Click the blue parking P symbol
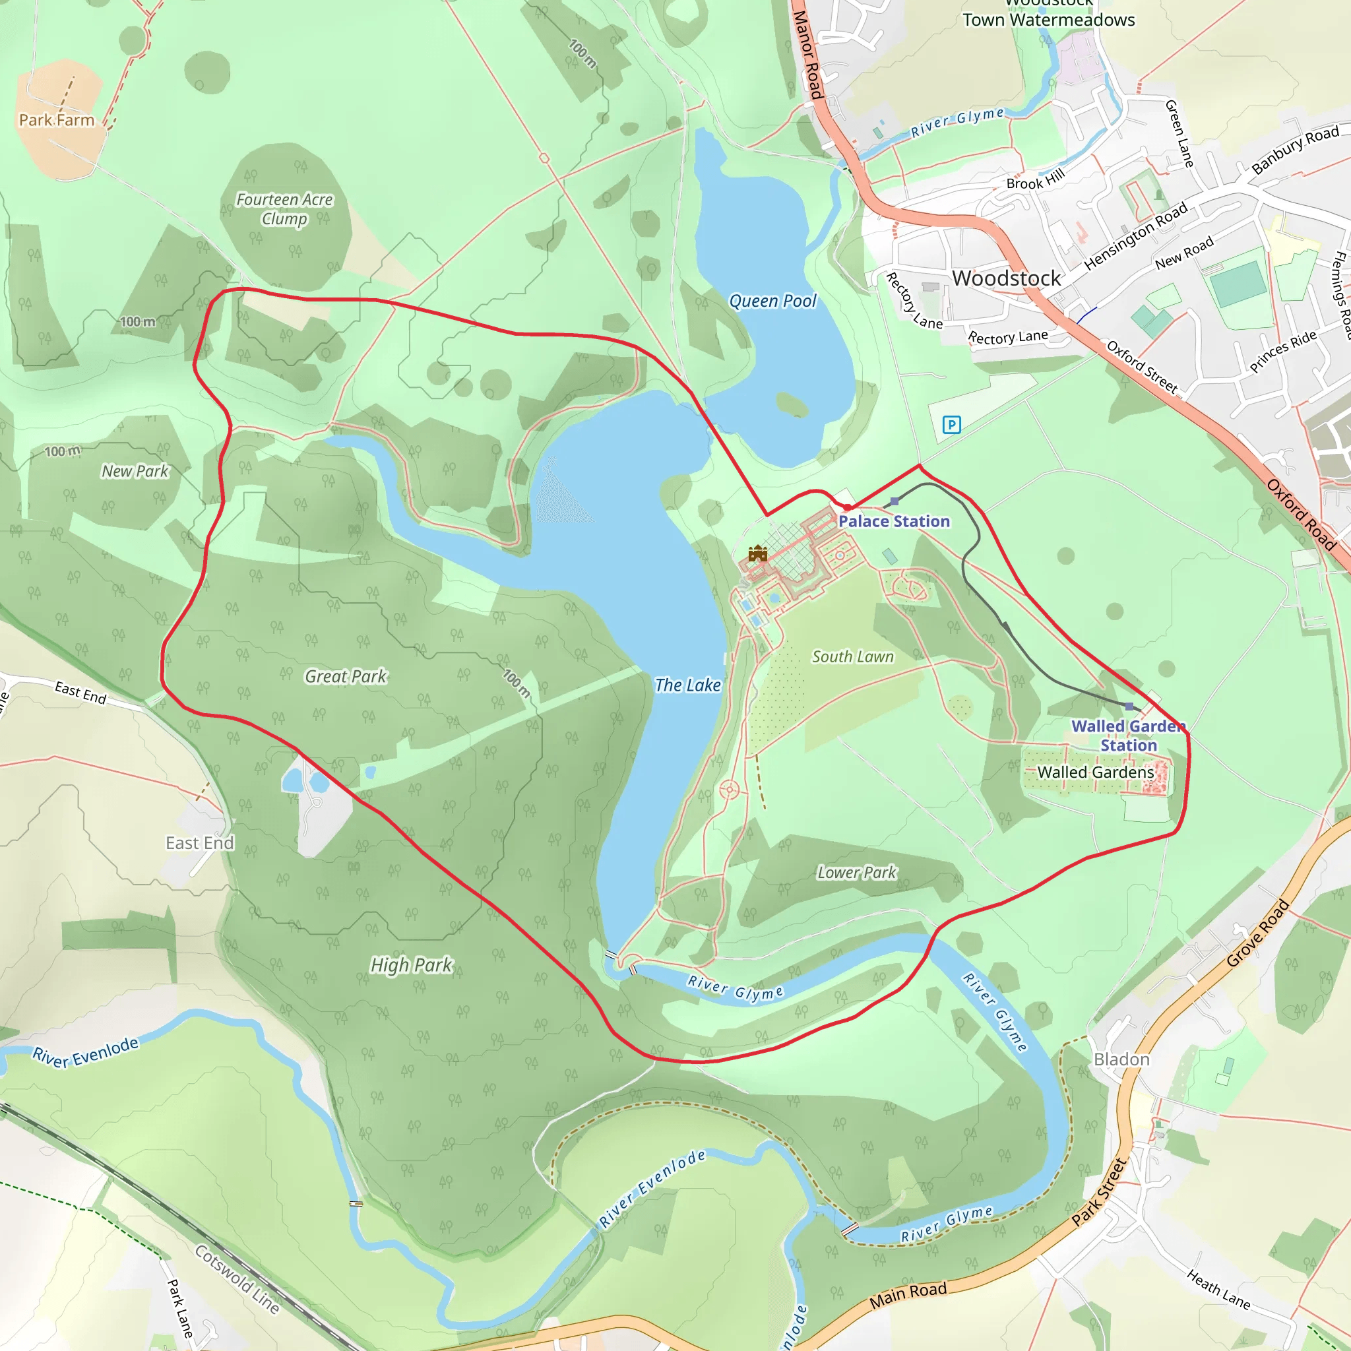click(x=951, y=424)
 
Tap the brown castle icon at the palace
click(x=757, y=554)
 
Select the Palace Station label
click(x=894, y=521)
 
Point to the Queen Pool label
click(x=772, y=301)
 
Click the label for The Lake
click(x=687, y=685)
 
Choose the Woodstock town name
click(x=1006, y=278)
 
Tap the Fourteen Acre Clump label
click(x=284, y=209)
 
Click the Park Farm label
click(x=57, y=120)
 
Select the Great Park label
click(x=346, y=676)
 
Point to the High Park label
click(x=411, y=965)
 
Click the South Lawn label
click(x=852, y=656)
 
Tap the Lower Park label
click(x=857, y=873)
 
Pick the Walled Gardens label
click(x=1096, y=772)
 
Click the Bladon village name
click(x=1121, y=1059)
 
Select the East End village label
click(x=200, y=843)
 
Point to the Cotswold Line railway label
click(x=237, y=1279)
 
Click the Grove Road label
click(x=1258, y=933)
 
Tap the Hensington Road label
click(x=1136, y=236)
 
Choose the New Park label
click(x=135, y=471)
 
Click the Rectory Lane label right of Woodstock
click(x=1008, y=337)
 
